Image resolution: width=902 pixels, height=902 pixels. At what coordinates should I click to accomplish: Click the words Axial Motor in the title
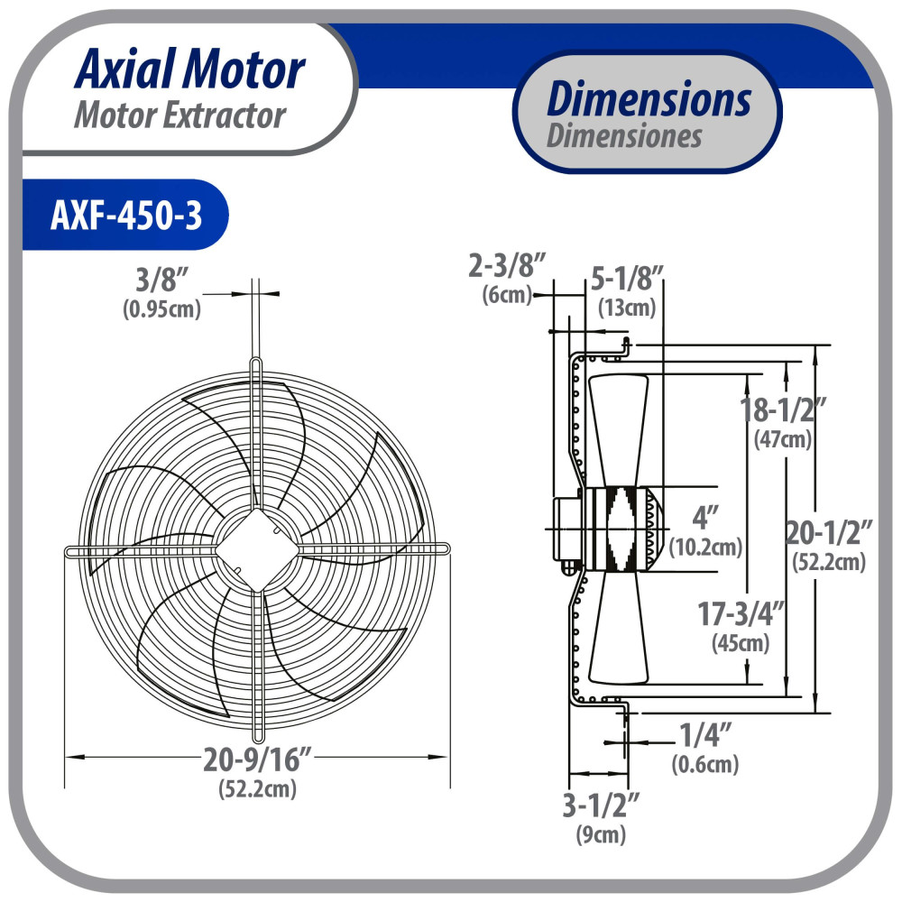[189, 70]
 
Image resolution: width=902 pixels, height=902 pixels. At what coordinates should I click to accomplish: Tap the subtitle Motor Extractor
[179, 115]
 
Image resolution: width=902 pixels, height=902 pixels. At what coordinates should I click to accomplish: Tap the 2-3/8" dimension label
[508, 266]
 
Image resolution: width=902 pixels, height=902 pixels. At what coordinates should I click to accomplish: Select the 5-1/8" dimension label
[628, 276]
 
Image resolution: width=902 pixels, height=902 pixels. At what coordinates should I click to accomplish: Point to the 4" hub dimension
[704, 518]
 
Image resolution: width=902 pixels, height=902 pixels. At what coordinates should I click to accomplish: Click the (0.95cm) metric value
[162, 309]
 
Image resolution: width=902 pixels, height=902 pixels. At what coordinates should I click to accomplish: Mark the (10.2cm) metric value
[705, 546]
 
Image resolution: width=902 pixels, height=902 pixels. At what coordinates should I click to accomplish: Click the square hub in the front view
[257, 548]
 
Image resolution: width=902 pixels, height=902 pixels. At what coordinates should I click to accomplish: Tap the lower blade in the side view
[617, 631]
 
